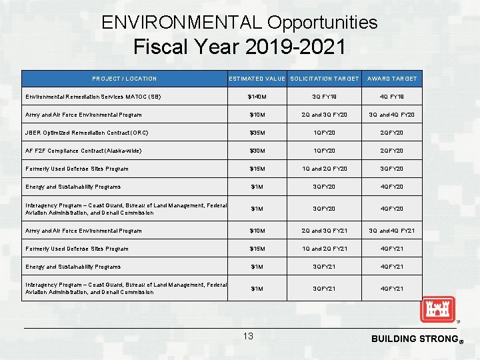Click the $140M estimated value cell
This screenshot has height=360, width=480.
pyautogui.click(x=257, y=97)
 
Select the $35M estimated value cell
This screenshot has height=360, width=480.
pyautogui.click(x=257, y=133)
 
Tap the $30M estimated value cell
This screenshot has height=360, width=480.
pyautogui.click(x=257, y=151)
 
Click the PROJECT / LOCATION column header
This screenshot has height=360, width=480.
pyautogui.click(x=125, y=79)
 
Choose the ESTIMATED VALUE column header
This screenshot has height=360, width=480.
pyautogui.click(x=257, y=79)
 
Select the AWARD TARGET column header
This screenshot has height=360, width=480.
pyautogui.click(x=392, y=79)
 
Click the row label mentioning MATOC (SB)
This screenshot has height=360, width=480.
pyautogui.click(x=93, y=97)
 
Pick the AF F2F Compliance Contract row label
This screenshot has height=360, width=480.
pyautogui.click(x=83, y=151)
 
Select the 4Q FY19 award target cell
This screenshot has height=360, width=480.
pyautogui.click(x=392, y=97)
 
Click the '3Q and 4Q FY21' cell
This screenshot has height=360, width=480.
pyautogui.click(x=392, y=231)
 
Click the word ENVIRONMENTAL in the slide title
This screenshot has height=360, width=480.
pyautogui.click(x=182, y=23)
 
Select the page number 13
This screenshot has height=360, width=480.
pyautogui.click(x=248, y=336)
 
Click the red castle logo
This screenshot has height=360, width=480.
pyautogui.click(x=437, y=309)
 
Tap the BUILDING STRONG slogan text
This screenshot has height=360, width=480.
pyautogui.click(x=413, y=339)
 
